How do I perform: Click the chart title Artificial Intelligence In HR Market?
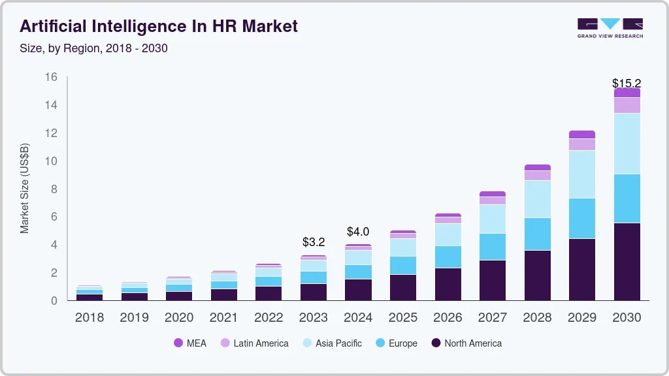click(x=159, y=26)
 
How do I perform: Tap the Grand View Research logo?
click(x=610, y=28)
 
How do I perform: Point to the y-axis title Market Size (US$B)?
click(x=25, y=188)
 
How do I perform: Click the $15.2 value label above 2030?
click(x=627, y=84)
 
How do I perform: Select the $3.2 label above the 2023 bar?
click(x=314, y=242)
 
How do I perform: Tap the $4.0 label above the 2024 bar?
click(x=358, y=232)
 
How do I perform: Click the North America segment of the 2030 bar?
click(x=627, y=261)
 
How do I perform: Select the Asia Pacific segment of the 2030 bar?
click(x=627, y=144)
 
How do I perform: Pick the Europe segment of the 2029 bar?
click(x=582, y=218)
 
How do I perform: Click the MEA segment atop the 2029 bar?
click(x=582, y=134)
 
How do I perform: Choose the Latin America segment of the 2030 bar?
click(x=627, y=105)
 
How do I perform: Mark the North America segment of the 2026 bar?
click(x=448, y=284)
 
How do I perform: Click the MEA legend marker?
click(x=178, y=343)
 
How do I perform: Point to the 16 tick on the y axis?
click(x=51, y=77)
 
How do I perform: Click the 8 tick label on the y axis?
click(x=54, y=189)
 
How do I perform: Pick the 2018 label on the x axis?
click(x=90, y=318)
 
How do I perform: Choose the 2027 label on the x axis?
click(x=493, y=318)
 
